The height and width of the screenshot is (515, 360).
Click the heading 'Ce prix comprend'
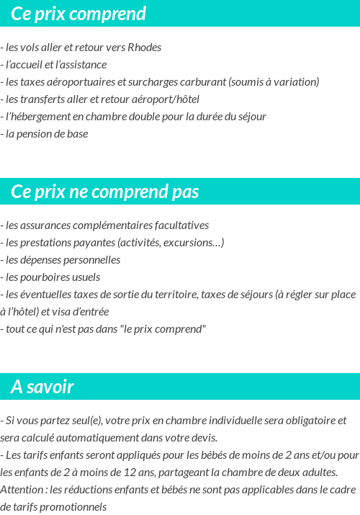78,14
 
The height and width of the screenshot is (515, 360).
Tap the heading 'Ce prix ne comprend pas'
105,192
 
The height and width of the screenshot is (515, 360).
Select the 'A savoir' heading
42,387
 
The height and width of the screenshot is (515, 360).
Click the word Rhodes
144,48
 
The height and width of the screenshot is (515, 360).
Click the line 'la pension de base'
46,134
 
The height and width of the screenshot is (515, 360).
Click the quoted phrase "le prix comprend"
163,329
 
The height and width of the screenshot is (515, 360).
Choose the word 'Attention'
22,490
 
